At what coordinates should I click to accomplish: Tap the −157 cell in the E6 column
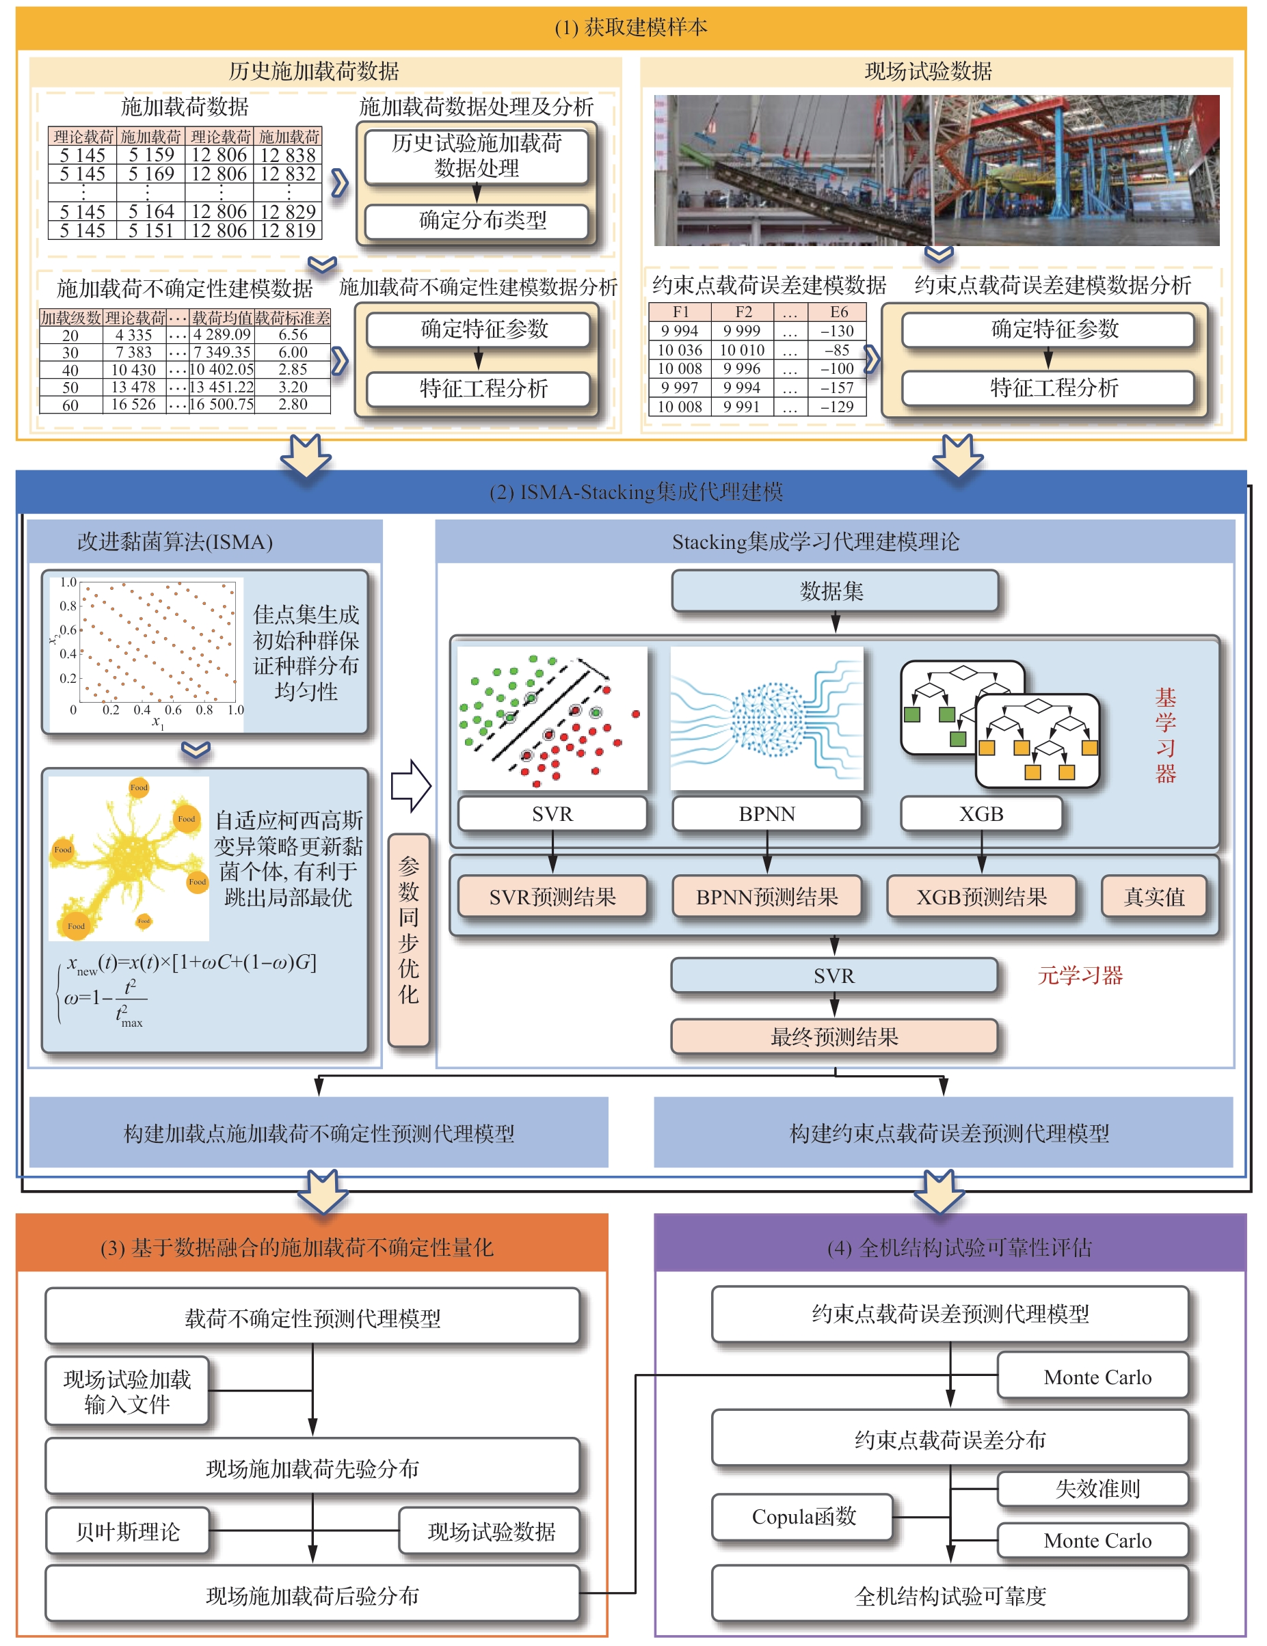point(838,388)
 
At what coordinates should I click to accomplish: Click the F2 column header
point(743,311)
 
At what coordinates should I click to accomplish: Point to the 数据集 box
point(833,591)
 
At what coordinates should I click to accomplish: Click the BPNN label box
point(766,814)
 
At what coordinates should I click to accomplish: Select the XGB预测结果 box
point(981,897)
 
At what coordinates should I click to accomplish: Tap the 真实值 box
point(1154,897)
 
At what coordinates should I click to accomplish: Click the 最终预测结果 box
point(833,1037)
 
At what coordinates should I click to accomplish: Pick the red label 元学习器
point(1080,975)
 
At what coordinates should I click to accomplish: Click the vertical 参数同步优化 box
point(408,939)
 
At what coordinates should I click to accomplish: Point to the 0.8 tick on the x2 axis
point(68,606)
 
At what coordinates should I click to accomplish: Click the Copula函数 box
point(803,1516)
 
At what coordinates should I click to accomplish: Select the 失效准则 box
point(1097,1489)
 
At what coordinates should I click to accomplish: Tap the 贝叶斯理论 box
point(127,1531)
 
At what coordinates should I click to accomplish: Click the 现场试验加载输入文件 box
point(127,1391)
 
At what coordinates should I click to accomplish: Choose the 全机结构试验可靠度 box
point(950,1595)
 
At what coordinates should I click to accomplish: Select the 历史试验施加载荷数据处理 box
point(477,156)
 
